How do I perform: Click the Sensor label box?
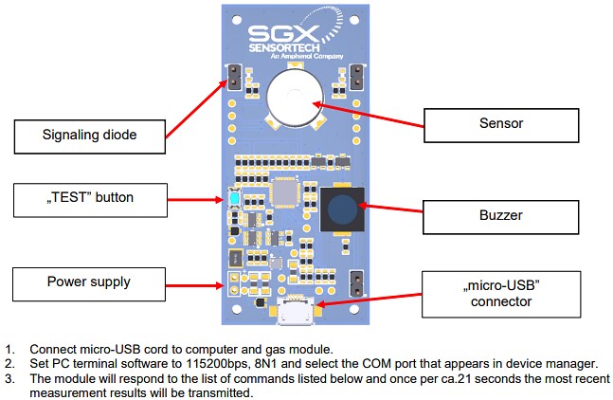(499, 124)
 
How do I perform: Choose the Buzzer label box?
(499, 216)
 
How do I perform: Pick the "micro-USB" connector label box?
(499, 292)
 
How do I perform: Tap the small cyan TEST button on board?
(231, 200)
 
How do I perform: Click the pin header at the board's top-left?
(231, 76)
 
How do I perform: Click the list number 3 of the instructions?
(9, 376)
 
